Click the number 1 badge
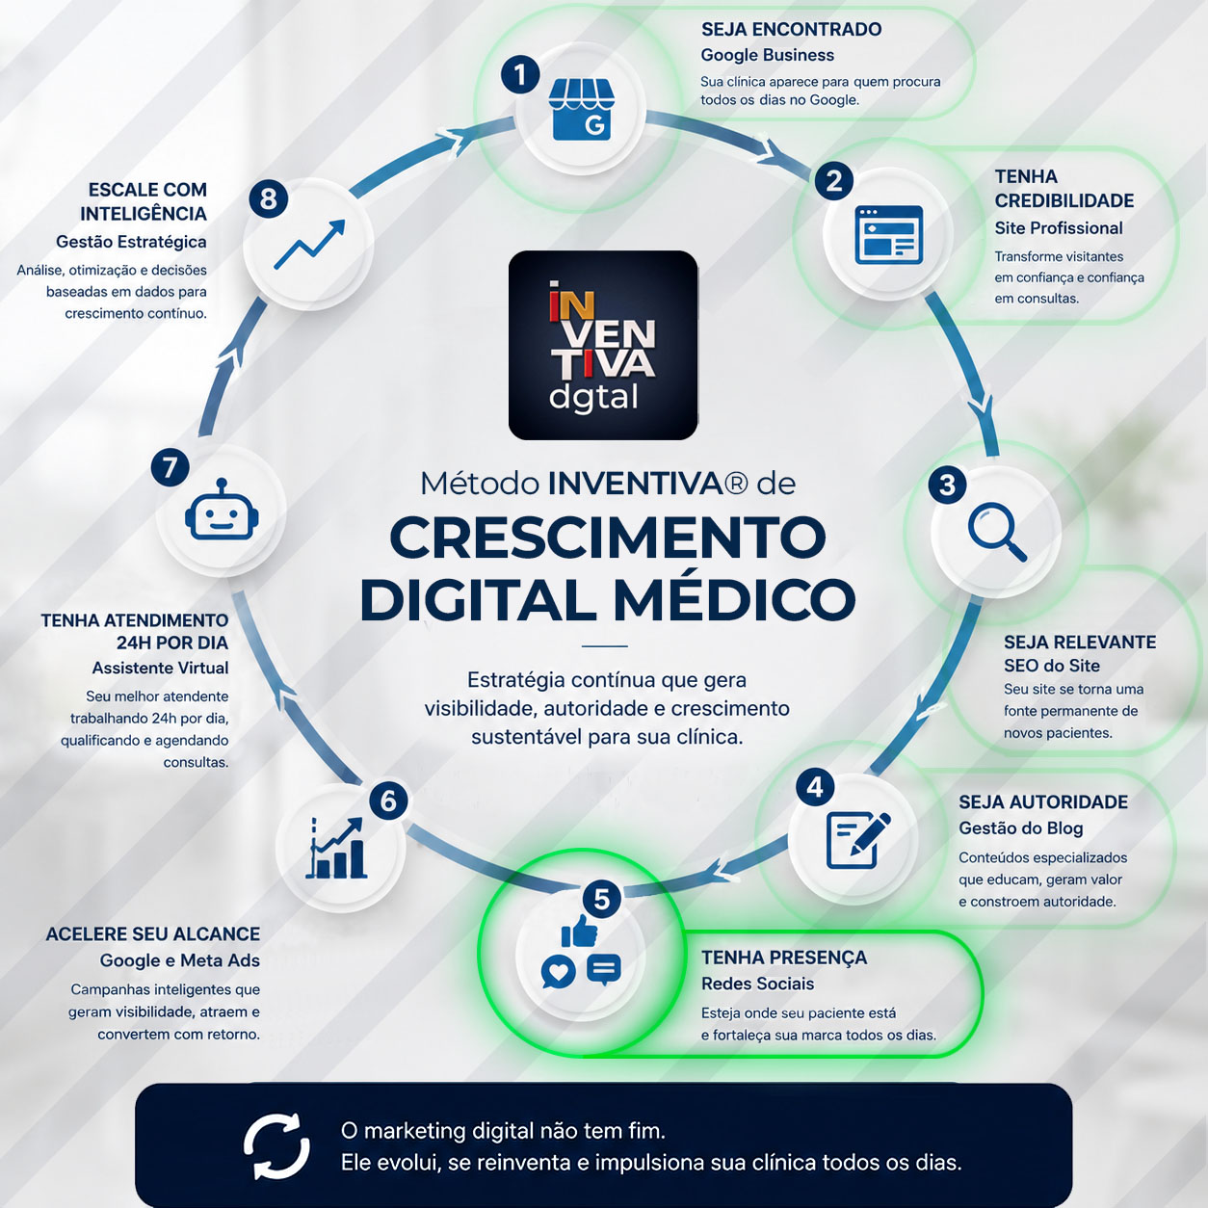[519, 75]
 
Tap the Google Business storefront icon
[581, 110]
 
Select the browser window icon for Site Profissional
[889, 234]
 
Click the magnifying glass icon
[997, 532]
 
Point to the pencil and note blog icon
[857, 840]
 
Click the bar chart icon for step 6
[336, 848]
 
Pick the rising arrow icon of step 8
[309, 245]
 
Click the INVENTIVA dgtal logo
[603, 346]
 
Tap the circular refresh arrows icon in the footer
[276, 1146]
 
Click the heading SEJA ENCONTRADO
[791, 30]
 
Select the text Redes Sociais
[757, 984]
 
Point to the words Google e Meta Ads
[180, 960]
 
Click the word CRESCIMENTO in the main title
[608, 538]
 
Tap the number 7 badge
[170, 467]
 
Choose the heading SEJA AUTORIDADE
[1043, 801]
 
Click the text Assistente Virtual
[161, 668]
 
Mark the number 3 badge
[947, 485]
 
